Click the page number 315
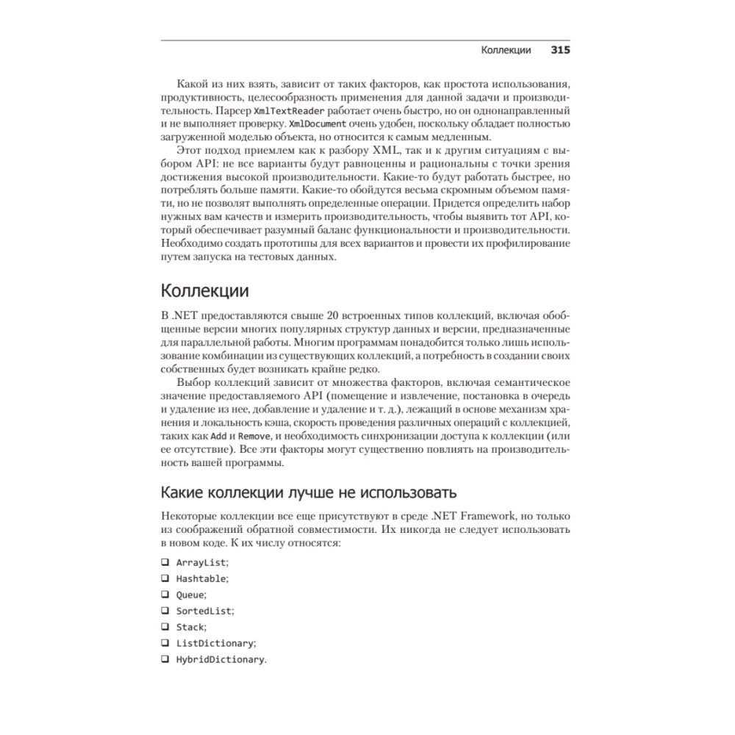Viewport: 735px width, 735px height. point(561,51)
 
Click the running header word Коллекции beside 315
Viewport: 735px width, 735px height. point(506,51)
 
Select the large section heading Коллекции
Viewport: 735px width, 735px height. point(204,290)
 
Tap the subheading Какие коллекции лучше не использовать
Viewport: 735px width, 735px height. point(309,492)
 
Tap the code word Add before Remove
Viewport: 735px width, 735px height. point(229,436)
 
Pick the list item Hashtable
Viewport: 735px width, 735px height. point(201,578)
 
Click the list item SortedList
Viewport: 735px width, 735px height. point(204,611)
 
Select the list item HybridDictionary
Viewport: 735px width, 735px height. point(220,659)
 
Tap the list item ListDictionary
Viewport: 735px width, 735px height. point(215,643)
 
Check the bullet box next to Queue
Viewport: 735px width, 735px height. point(165,595)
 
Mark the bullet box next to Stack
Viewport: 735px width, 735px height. point(165,627)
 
